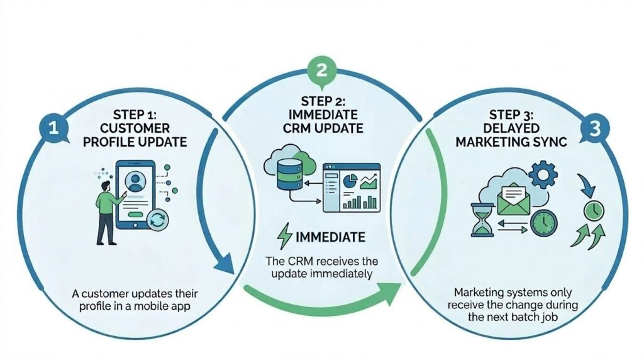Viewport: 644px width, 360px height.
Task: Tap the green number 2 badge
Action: [x=321, y=70]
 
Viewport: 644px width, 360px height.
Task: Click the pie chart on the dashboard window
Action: [x=350, y=180]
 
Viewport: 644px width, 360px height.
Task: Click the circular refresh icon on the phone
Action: [x=157, y=221]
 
